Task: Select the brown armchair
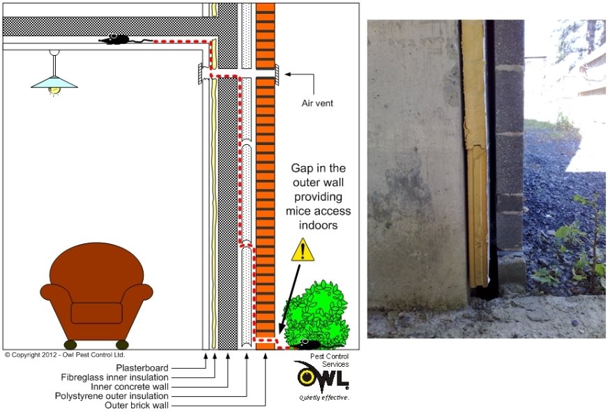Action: pos(96,294)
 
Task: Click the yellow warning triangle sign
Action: pos(303,250)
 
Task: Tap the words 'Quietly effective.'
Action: pos(323,397)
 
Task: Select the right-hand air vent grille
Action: pos(277,73)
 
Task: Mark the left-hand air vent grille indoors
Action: pos(200,73)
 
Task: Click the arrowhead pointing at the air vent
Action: pos(286,73)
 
